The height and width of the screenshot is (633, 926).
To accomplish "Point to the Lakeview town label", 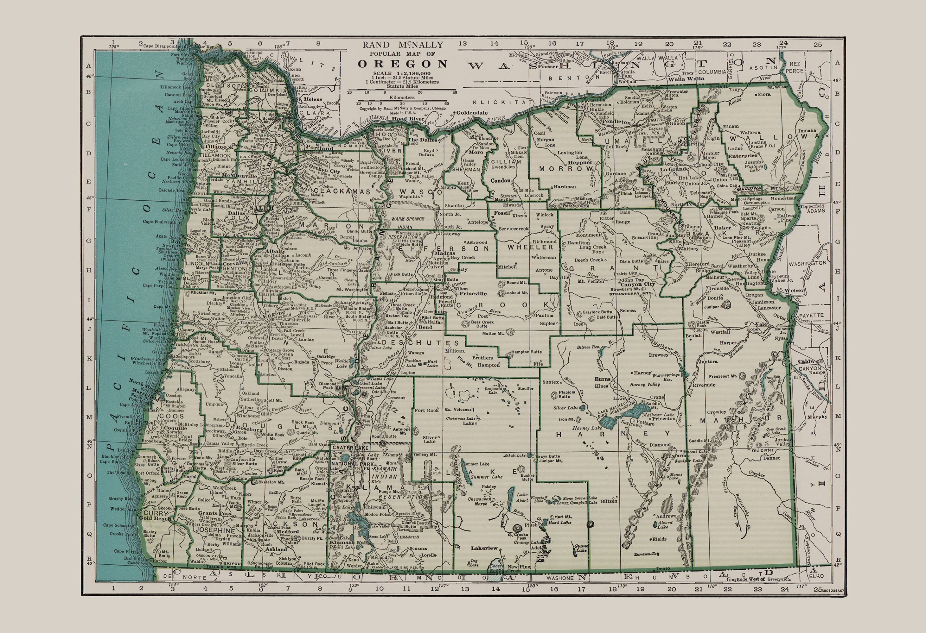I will [484, 548].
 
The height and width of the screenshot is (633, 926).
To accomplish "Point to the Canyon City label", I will [637, 284].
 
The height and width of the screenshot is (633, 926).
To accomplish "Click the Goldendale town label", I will [472, 113].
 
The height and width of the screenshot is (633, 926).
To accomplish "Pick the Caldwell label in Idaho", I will [810, 361].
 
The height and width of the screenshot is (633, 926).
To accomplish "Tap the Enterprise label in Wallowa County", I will [742, 156].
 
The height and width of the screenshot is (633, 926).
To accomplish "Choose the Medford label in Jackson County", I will [287, 531].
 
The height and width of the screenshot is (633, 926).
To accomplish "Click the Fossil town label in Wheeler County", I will [502, 213].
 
